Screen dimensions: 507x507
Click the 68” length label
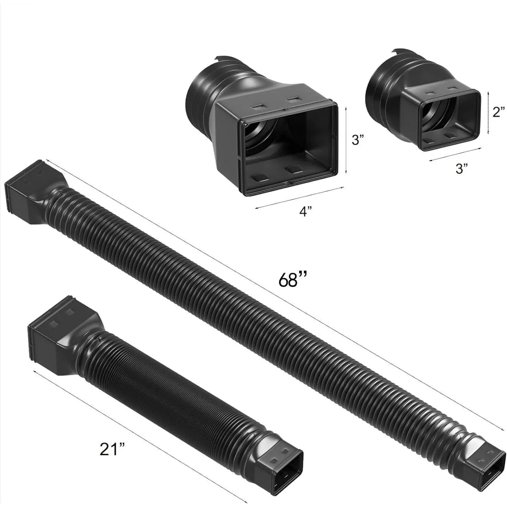[292, 279]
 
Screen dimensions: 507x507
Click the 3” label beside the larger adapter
[358, 139]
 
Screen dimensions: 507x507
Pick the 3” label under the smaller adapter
[461, 168]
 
